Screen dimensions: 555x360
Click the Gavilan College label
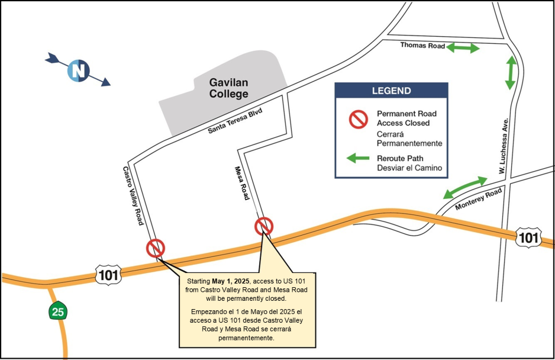pyautogui.click(x=228, y=88)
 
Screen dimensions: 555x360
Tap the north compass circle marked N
pyautogui.click(x=78, y=70)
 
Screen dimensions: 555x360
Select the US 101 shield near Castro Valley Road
pyautogui.click(x=108, y=274)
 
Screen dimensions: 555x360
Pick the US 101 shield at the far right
pyautogui.click(x=527, y=237)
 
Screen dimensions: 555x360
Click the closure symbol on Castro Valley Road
pyautogui.click(x=156, y=247)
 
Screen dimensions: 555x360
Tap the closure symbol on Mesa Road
pyautogui.click(x=264, y=226)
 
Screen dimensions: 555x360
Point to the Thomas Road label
pyautogui.click(x=422, y=45)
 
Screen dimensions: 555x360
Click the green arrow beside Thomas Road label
pyautogui.click(x=463, y=48)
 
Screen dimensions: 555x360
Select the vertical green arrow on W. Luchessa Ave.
pyautogui.click(x=511, y=72)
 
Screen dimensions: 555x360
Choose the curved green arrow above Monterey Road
pyautogui.click(x=465, y=187)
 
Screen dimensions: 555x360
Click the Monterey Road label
pyautogui.click(x=478, y=199)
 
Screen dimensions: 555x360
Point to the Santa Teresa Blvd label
pyautogui.click(x=234, y=121)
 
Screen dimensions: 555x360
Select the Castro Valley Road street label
pyautogui.click(x=133, y=195)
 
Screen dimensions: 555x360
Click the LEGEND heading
pyautogui.click(x=391, y=91)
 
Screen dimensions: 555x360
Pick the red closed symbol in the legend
pyautogui.click(x=358, y=120)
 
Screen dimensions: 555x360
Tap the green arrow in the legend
pyautogui.click(x=357, y=159)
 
